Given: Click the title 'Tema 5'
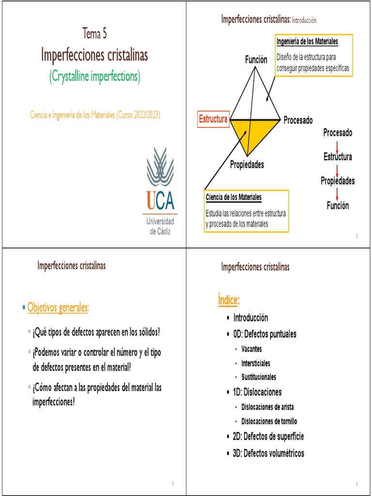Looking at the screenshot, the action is tap(94, 34).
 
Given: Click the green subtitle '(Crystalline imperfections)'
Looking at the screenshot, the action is tap(94, 77).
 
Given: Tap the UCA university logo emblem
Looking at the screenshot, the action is tap(160, 167).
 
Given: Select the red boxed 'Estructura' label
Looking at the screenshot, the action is tap(213, 119).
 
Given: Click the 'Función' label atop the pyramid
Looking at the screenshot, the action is tap(256, 60).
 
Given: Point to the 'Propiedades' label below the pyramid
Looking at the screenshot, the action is tap(247, 165).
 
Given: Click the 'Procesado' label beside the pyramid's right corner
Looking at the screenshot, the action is tap(298, 120).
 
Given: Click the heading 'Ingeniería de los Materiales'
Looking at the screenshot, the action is tap(307, 42).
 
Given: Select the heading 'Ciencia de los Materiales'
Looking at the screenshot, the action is tap(233, 197).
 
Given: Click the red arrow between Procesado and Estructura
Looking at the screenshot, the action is tap(338, 144).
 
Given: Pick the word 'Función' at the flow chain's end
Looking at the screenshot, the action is tap(338, 206).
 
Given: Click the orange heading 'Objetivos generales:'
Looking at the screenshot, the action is tap(58, 307).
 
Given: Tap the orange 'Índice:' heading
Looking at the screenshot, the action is tap(229, 301).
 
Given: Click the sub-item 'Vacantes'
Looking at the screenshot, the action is tap(251, 349).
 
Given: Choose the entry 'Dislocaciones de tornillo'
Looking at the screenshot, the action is tap(269, 421).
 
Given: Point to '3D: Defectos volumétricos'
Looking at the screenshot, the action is tap(268, 453).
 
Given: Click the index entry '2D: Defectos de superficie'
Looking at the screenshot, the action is tap(268, 436).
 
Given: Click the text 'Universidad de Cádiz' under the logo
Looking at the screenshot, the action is tap(160, 226).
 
